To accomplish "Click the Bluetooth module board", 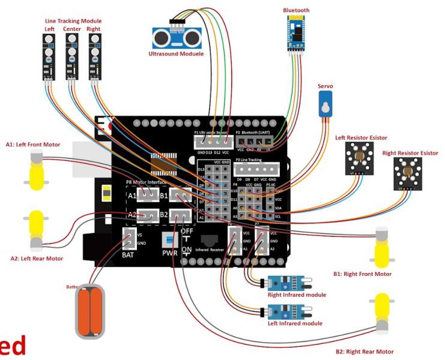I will [x=295, y=35].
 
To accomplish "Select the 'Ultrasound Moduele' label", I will [x=175, y=53].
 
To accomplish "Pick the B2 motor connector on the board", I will [x=180, y=215].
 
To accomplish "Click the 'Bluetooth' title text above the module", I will [x=296, y=10].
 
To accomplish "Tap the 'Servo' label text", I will [x=326, y=86].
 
